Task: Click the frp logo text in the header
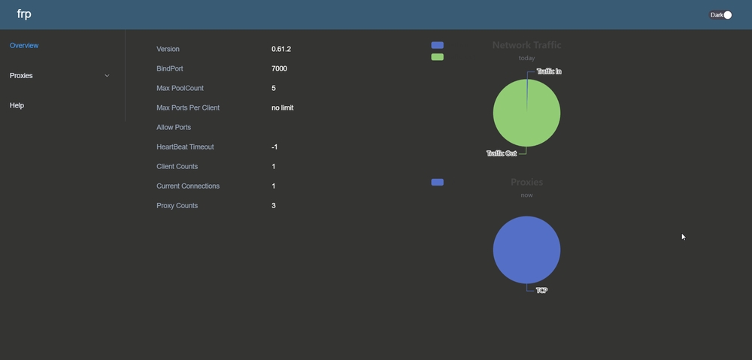point(24,14)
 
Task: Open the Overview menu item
point(24,46)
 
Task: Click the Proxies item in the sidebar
point(21,76)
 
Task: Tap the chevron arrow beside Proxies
point(107,76)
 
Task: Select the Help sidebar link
point(17,106)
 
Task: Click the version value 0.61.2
point(281,50)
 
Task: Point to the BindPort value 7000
point(279,69)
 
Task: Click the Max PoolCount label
point(180,89)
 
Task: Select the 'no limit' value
point(283,108)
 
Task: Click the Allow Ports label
point(174,128)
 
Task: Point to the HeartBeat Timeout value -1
point(274,147)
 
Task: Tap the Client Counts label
point(177,167)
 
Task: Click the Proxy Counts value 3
point(274,206)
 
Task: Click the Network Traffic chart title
point(526,45)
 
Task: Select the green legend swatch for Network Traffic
point(438,57)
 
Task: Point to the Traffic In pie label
point(549,71)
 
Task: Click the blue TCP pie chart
point(526,250)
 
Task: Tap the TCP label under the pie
point(541,290)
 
